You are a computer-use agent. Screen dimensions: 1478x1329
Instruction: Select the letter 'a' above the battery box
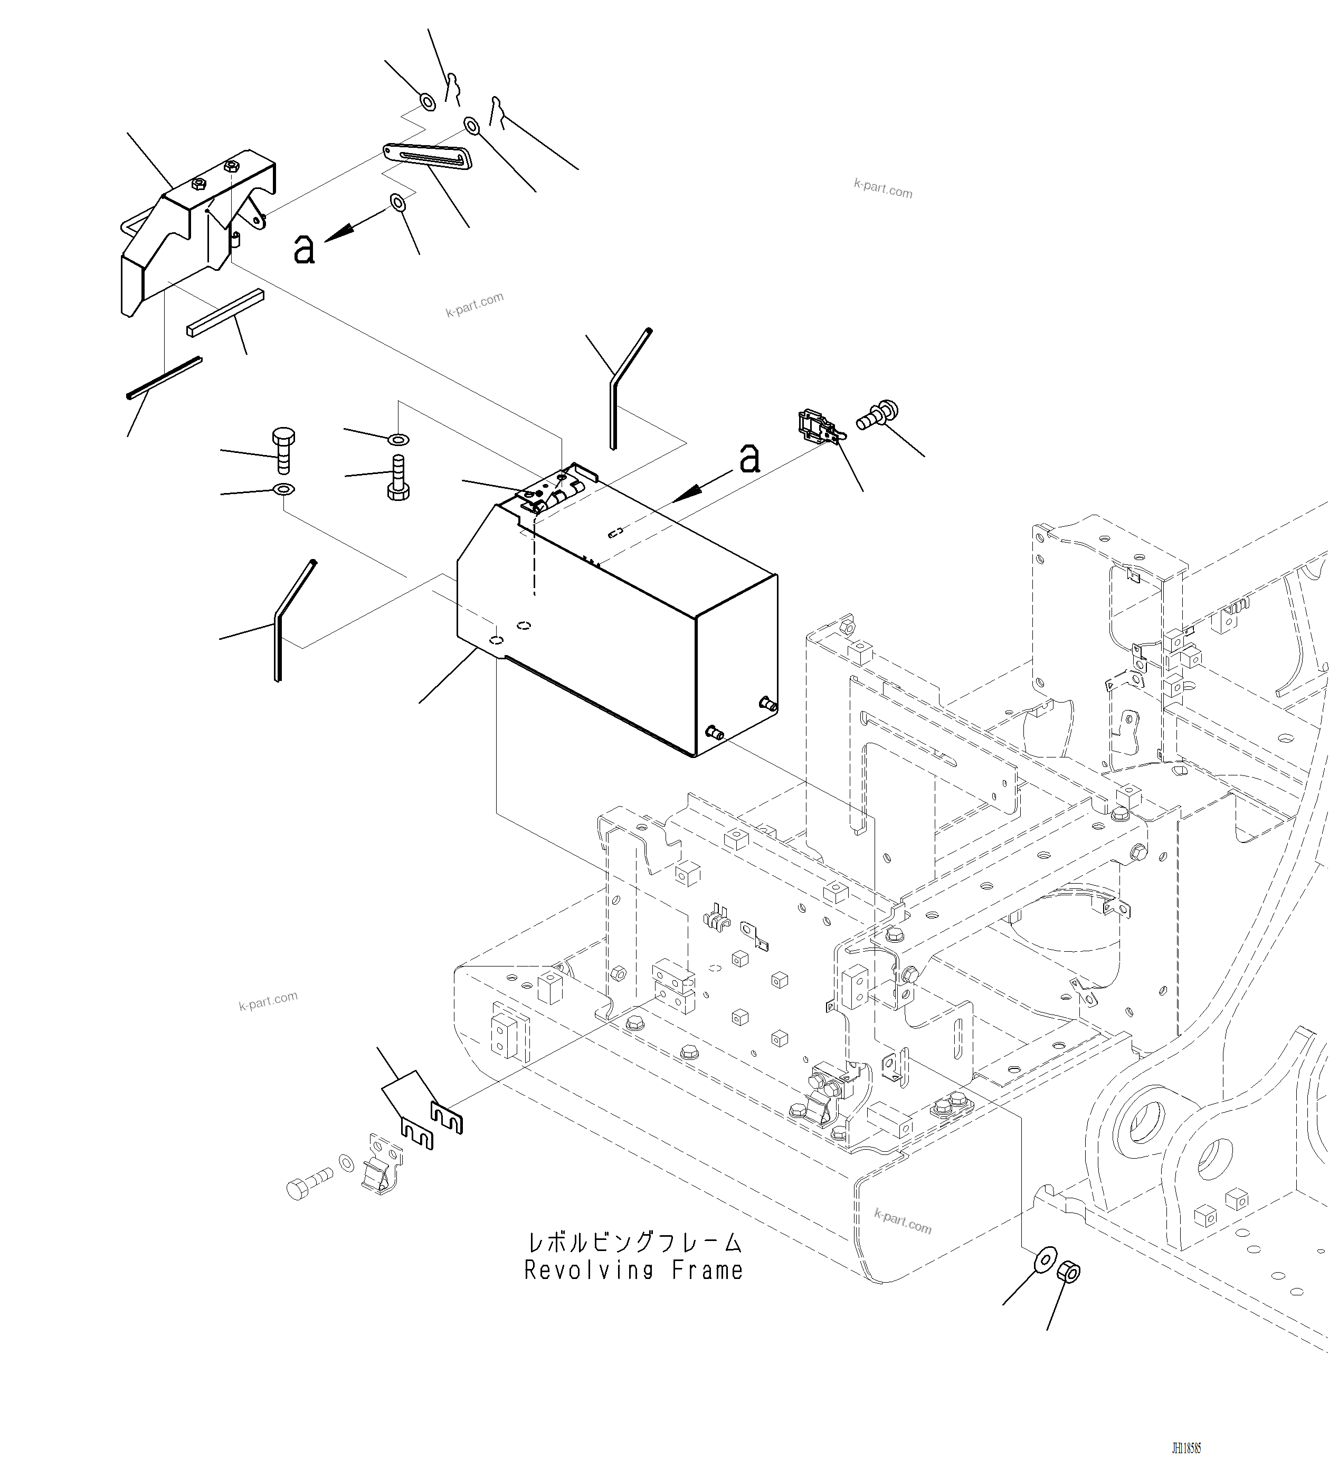click(749, 459)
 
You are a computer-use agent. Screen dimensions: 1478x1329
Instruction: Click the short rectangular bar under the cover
click(225, 313)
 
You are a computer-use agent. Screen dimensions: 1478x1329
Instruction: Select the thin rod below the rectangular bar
click(164, 377)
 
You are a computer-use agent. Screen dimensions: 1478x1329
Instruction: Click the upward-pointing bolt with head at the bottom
click(398, 478)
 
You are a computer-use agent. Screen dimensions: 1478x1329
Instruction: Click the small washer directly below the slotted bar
click(398, 202)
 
